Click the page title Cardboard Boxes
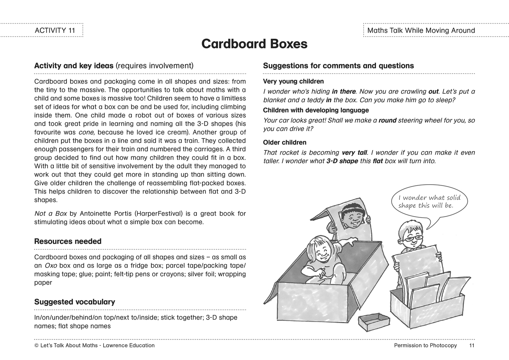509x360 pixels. click(x=254, y=44)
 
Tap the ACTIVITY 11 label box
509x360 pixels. click(x=55, y=30)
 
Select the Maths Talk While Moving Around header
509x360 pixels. click(x=421, y=30)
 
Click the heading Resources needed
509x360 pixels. click(x=68, y=241)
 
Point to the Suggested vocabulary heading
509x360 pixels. click(x=75, y=302)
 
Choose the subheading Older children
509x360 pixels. click(x=285, y=142)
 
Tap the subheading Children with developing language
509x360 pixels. click(x=316, y=110)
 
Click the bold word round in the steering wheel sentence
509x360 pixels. click(x=387, y=120)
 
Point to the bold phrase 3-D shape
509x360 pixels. click(x=342, y=161)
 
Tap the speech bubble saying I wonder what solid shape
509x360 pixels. click(x=429, y=202)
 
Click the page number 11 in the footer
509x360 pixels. click(x=472, y=346)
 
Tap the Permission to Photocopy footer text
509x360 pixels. click(x=425, y=346)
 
